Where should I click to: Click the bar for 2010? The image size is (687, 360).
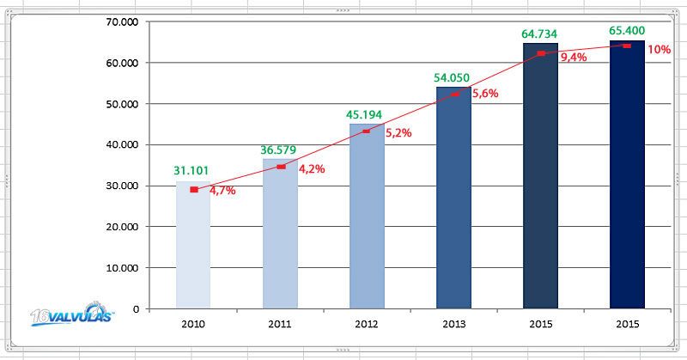[192, 249]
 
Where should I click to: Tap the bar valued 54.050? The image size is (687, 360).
[453, 198]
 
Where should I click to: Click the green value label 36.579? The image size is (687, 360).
[279, 150]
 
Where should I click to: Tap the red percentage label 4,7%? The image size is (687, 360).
[222, 191]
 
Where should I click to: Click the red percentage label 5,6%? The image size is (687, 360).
[485, 95]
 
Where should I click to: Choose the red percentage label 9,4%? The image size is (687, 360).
[574, 58]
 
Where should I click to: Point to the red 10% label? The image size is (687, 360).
[660, 50]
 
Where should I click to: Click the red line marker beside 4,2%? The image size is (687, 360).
[281, 167]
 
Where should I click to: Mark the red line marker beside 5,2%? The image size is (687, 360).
[367, 131]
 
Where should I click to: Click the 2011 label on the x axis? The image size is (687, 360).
[280, 326]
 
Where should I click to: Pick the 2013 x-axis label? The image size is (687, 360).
[453, 326]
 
